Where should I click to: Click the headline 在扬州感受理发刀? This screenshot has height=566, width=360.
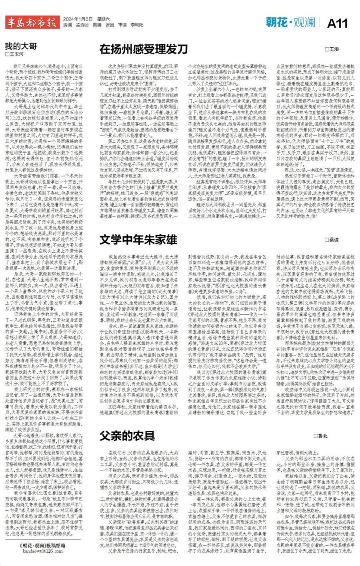(143, 49)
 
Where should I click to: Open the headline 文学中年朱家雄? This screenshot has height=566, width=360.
(138, 240)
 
